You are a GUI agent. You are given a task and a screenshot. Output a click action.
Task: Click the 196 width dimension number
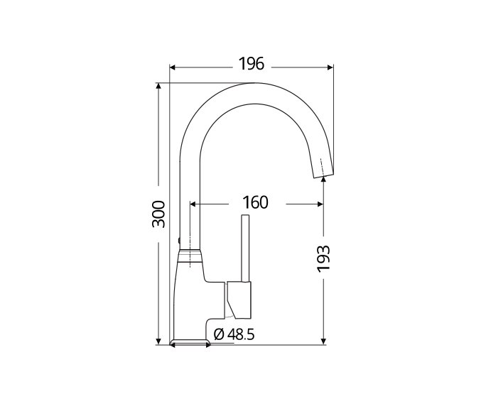(x=251, y=63)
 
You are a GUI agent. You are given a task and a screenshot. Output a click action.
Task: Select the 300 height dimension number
(x=158, y=214)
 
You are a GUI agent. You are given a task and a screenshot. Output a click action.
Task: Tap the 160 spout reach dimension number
(x=255, y=202)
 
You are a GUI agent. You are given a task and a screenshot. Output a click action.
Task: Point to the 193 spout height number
(x=323, y=259)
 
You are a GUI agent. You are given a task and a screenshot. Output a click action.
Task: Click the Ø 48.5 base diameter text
(x=234, y=334)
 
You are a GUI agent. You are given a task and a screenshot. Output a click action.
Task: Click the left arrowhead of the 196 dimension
(x=173, y=67)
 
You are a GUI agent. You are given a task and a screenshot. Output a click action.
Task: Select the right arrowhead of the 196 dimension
(x=330, y=67)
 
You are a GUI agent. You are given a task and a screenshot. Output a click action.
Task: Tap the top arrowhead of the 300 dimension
(x=158, y=87)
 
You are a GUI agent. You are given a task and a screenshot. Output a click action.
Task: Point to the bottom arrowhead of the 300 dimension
(x=158, y=341)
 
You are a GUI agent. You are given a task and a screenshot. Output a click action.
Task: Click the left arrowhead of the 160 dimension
(x=193, y=204)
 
